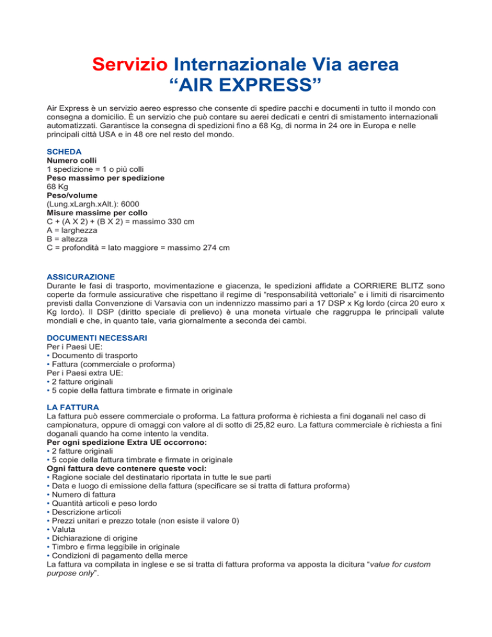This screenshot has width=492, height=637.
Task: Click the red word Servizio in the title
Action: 130,65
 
